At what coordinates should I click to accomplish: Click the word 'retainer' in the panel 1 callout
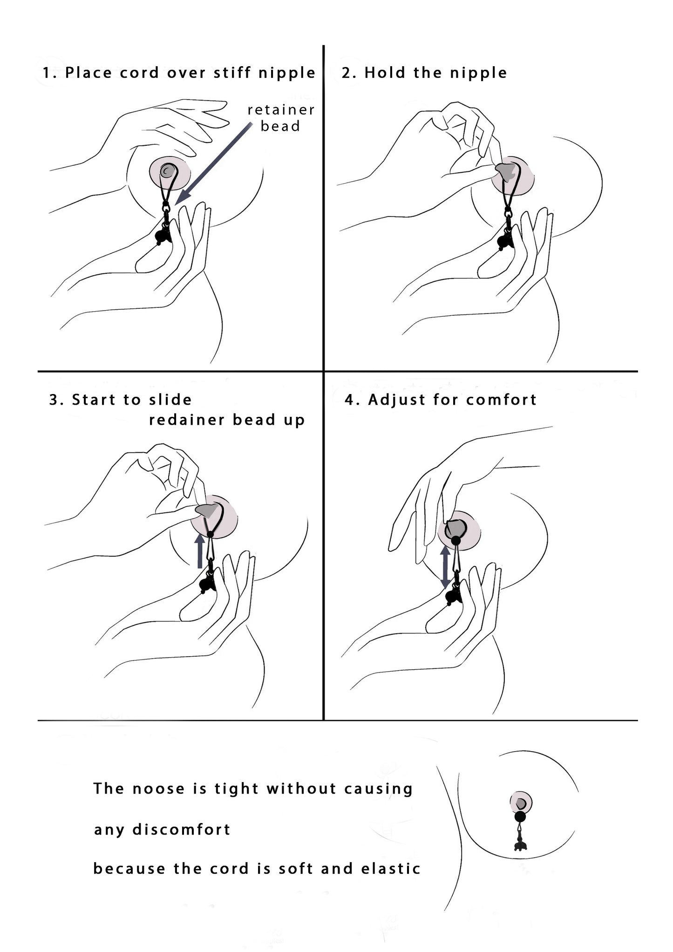pos(281,110)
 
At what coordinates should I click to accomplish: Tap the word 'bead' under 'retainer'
pos(280,126)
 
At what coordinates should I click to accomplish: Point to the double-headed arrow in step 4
pos(445,567)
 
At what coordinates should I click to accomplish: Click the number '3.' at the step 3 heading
pos(56,400)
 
